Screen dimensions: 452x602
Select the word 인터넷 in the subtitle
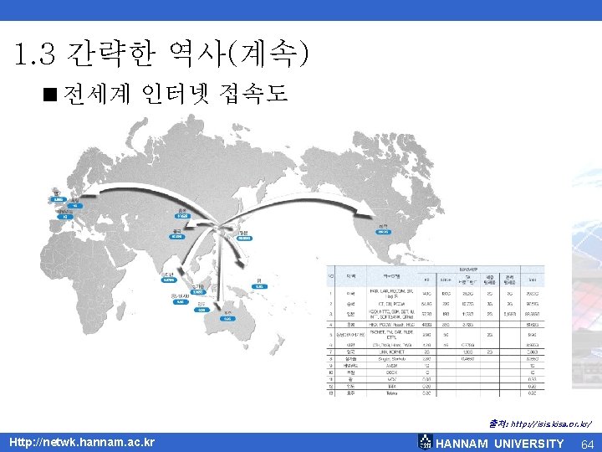click(x=172, y=92)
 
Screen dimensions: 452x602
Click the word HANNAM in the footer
click(x=462, y=444)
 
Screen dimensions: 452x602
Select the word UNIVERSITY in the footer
click(x=528, y=444)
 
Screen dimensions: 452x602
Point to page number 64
click(x=587, y=444)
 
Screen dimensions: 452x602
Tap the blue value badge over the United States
click(x=382, y=232)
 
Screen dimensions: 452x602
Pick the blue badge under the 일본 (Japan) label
click(x=244, y=238)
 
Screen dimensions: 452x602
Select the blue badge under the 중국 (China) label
click(x=176, y=237)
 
